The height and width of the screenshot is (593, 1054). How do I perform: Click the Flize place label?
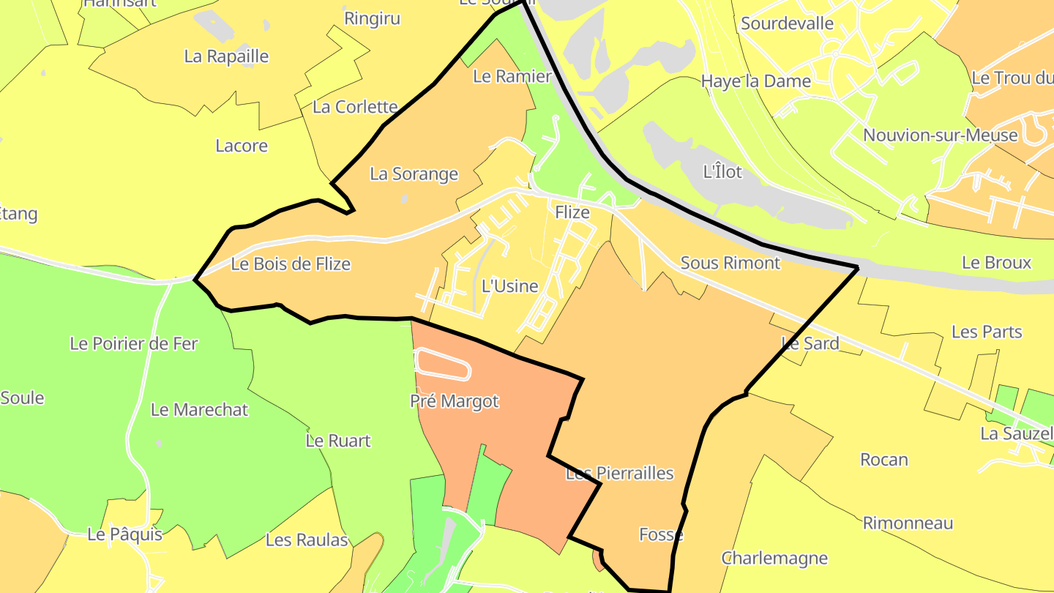[x=572, y=212]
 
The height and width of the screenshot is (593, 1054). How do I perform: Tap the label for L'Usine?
[x=509, y=286]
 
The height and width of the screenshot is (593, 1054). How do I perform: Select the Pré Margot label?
[x=454, y=401]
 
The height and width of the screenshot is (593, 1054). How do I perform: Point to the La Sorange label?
[x=414, y=174]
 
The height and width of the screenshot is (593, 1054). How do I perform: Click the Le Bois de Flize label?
[x=291, y=264]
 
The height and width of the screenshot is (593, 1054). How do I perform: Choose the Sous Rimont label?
[x=730, y=263]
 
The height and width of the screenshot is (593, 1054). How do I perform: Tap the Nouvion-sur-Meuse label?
[x=940, y=135]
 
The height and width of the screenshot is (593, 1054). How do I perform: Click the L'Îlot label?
[x=722, y=172]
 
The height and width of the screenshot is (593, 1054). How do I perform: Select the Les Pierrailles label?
[x=619, y=474]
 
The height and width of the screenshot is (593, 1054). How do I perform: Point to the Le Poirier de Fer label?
[x=133, y=343]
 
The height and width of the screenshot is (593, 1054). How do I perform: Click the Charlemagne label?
[x=774, y=559]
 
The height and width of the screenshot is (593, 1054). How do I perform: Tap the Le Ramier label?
[x=512, y=77]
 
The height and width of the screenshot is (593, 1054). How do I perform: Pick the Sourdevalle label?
[x=787, y=23]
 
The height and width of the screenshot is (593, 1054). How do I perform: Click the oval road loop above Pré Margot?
[x=442, y=364]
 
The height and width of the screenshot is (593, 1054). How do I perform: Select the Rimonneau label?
[x=908, y=523]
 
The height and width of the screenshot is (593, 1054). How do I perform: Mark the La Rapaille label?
[x=226, y=57]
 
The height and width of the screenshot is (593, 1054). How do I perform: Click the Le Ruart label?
[x=337, y=441]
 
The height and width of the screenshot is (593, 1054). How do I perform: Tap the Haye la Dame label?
[x=755, y=81]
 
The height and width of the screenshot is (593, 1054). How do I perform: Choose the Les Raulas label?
[x=307, y=540]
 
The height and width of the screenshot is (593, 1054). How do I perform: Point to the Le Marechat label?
[x=199, y=410]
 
